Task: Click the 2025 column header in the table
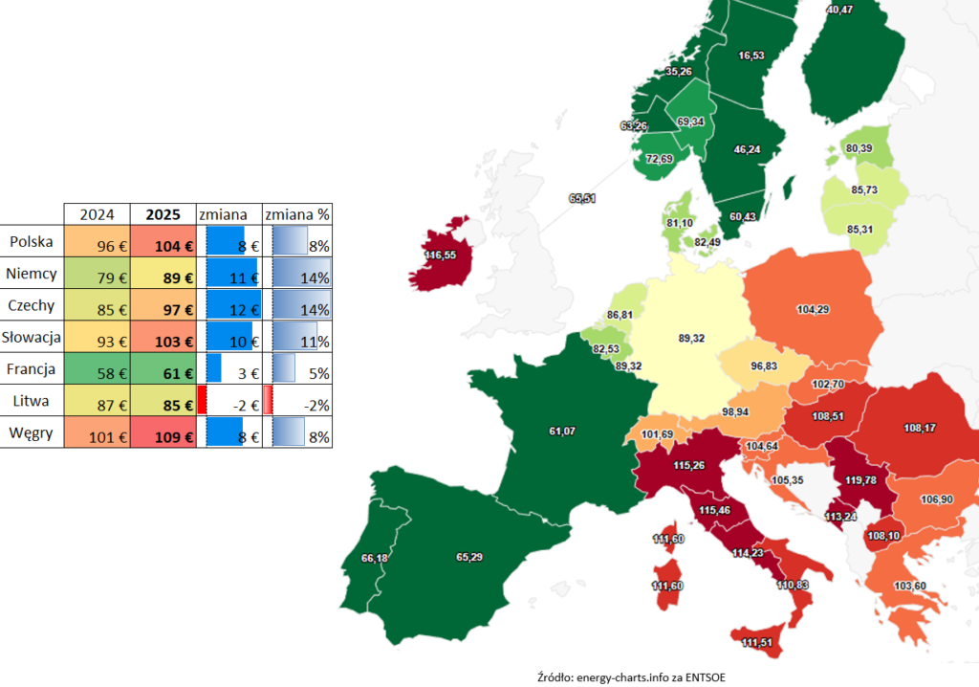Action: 163,213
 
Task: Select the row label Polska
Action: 32,241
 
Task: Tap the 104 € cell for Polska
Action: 163,245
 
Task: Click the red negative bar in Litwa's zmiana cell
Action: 202,399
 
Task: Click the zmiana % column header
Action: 296,213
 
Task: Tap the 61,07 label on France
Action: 562,432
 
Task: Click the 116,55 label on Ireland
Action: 441,255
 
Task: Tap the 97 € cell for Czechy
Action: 163,308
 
